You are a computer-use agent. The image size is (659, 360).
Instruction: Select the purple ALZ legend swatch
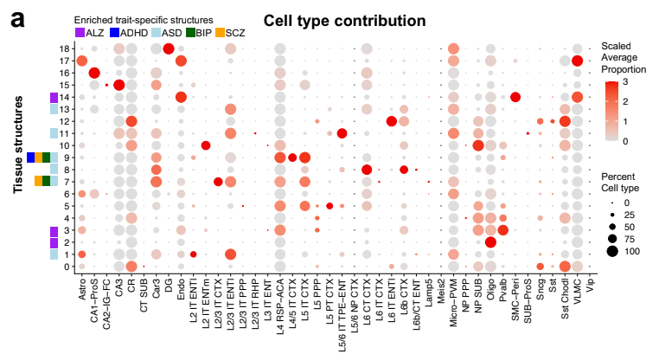click(80, 32)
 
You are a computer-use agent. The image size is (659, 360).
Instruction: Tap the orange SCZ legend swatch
click(220, 32)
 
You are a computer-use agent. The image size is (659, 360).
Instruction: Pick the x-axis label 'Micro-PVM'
click(454, 301)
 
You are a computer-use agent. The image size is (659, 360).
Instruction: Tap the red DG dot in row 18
click(169, 48)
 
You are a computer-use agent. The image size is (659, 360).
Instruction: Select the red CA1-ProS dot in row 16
click(94, 73)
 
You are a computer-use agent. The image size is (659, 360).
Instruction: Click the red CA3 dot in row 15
click(119, 85)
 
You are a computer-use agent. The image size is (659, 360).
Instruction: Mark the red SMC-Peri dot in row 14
click(515, 96)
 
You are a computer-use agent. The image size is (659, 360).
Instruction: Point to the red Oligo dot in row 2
click(490, 242)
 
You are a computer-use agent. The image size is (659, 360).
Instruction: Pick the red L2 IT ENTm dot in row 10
click(206, 145)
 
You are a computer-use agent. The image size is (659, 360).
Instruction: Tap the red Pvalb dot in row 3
click(503, 229)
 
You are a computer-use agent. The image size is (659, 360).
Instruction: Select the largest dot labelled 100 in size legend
click(611, 252)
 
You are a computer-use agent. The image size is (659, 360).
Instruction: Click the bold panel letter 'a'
click(16, 18)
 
